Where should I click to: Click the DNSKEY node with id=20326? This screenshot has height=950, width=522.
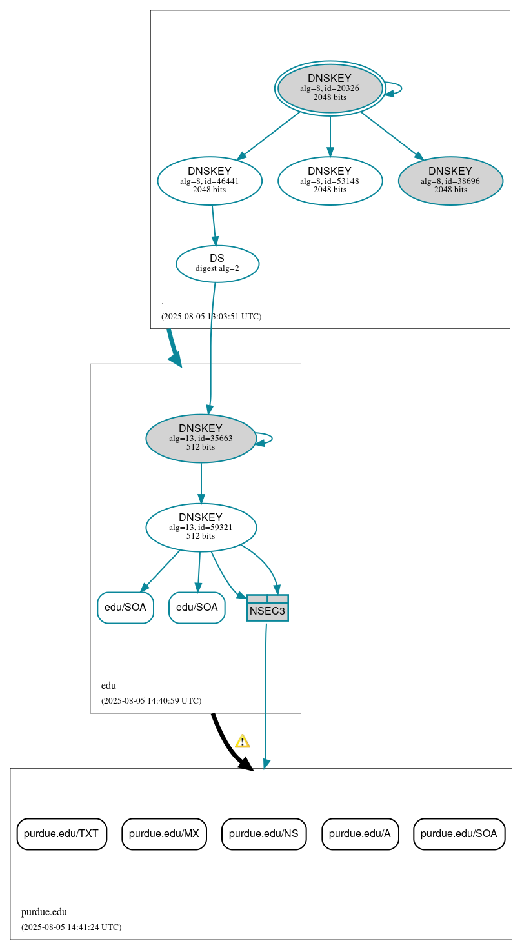point(330,88)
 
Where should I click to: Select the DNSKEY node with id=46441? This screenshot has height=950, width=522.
point(209,181)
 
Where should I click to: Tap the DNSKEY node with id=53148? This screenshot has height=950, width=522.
point(330,181)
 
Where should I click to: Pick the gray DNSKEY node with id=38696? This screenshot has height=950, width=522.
point(450,181)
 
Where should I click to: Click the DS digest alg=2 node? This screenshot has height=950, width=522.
point(217,264)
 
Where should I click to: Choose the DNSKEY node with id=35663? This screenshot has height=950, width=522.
point(201,439)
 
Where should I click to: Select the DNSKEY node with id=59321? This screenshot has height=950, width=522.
point(201,528)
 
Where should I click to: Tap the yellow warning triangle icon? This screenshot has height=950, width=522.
point(242,741)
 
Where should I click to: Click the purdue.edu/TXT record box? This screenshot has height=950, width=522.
point(61,834)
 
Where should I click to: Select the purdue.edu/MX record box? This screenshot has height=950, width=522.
point(164,834)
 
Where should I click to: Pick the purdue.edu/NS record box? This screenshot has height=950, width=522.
point(263,834)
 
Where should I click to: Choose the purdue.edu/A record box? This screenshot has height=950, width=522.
point(360,834)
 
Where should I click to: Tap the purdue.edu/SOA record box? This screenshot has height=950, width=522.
point(459,834)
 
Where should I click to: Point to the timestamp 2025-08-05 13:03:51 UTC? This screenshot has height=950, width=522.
point(211,317)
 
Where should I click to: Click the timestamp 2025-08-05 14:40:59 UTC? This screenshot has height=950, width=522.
point(151,700)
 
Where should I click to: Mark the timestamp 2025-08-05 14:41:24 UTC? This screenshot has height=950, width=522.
point(71,927)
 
